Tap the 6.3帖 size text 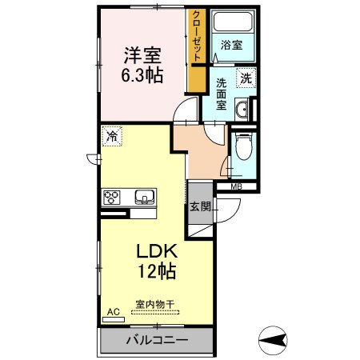pos(142,78)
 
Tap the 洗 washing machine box pos(246,78)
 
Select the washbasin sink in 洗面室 pos(240,111)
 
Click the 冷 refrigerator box pos(113,137)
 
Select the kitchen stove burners pos(111,197)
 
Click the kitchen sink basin pos(145,196)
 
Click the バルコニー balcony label pos(156,341)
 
